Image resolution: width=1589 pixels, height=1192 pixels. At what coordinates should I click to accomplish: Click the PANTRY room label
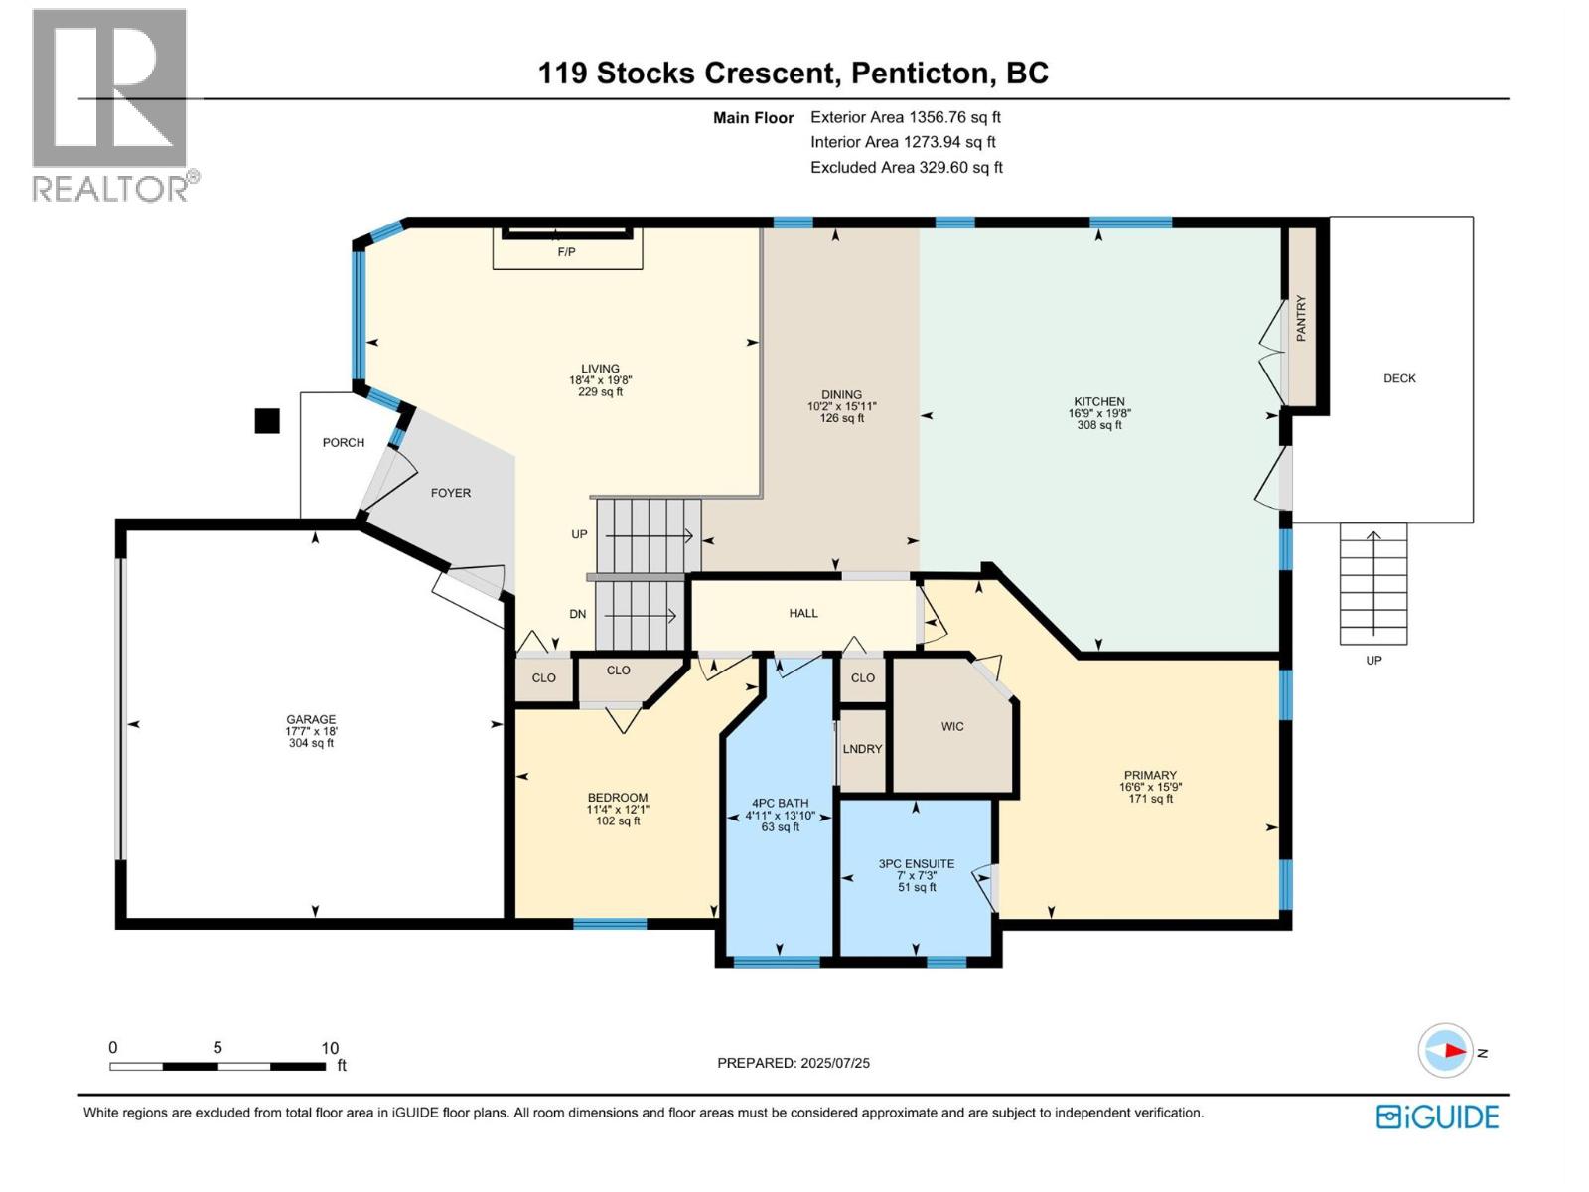point(1301,318)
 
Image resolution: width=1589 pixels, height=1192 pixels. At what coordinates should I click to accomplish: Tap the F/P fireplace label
point(567,252)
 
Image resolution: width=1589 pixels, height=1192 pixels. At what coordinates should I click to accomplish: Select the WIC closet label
point(952,727)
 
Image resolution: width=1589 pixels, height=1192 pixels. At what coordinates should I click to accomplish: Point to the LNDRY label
point(862,749)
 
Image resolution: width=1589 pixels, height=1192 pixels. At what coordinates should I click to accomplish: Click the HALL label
point(803,613)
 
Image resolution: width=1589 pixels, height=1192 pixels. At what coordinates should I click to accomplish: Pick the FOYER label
point(451,493)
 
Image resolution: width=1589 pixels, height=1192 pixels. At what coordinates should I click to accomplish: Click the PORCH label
point(344,442)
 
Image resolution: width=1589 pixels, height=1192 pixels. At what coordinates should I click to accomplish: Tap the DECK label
point(1399,378)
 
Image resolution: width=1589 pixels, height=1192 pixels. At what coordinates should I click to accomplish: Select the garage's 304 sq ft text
point(311,743)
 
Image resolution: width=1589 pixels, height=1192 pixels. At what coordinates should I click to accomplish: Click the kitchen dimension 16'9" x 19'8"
point(1099,413)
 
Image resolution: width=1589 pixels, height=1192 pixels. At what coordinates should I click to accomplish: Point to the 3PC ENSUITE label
point(917,863)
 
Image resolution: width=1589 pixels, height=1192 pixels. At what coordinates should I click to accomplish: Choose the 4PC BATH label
point(781,804)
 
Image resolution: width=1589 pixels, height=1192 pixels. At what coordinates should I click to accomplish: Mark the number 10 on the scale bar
point(330,1048)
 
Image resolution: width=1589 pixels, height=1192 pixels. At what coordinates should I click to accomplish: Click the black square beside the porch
point(267,421)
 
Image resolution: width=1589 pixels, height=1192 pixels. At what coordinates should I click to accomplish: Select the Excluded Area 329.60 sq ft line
point(907,167)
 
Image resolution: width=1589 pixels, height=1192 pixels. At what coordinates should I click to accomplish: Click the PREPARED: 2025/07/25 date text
point(794,1063)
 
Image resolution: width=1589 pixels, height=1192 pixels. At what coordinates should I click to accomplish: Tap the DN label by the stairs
point(578,615)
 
